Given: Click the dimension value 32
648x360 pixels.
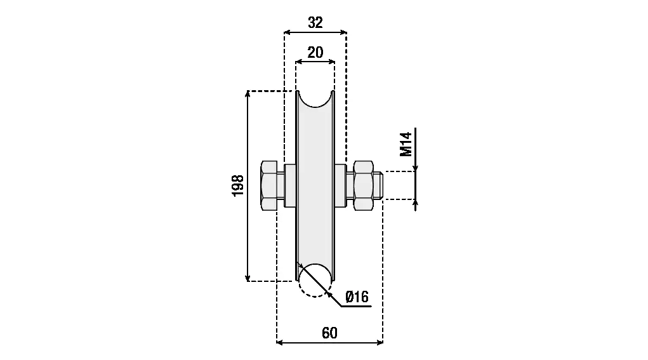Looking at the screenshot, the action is tap(315, 22).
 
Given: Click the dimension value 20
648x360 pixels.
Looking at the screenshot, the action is tap(315, 53).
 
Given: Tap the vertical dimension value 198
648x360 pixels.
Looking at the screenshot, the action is tap(237, 185).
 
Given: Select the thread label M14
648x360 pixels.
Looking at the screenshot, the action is tap(406, 144).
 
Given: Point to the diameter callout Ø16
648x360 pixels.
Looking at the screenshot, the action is tap(357, 297).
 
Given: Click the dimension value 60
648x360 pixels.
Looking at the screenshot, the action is tap(329, 333).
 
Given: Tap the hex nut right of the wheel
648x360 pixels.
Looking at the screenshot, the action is tap(363, 185).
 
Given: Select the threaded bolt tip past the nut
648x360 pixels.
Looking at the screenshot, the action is tap(378, 185).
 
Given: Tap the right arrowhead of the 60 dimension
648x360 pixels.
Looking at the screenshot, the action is tap(380, 342).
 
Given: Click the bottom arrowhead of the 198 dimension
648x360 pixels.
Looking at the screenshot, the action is tap(248, 278).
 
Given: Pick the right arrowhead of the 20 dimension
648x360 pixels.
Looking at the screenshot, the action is tap(332, 62).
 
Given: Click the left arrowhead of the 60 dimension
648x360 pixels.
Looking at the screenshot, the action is tap(280, 342).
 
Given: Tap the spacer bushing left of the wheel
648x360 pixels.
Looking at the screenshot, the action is tap(290, 185).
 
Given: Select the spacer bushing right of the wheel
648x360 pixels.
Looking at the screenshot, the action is tap(341, 185).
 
